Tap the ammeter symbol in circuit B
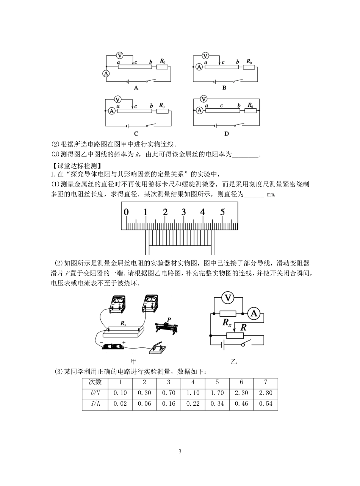pyautogui.click(x=199, y=67)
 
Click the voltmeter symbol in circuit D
pyautogui.click(x=204, y=99)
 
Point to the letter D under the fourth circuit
pyautogui.click(x=227, y=133)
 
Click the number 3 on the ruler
pyautogui.click(x=183, y=212)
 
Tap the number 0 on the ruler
pyautogui.click(x=126, y=212)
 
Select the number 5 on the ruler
pyautogui.click(x=222, y=212)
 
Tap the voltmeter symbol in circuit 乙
pyautogui.click(x=227, y=298)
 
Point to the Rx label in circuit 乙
pyautogui.click(x=227, y=323)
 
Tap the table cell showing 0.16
pyautogui.click(x=169, y=404)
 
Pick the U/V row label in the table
pyautogui.click(x=95, y=393)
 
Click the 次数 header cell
pyautogui.click(x=95, y=382)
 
